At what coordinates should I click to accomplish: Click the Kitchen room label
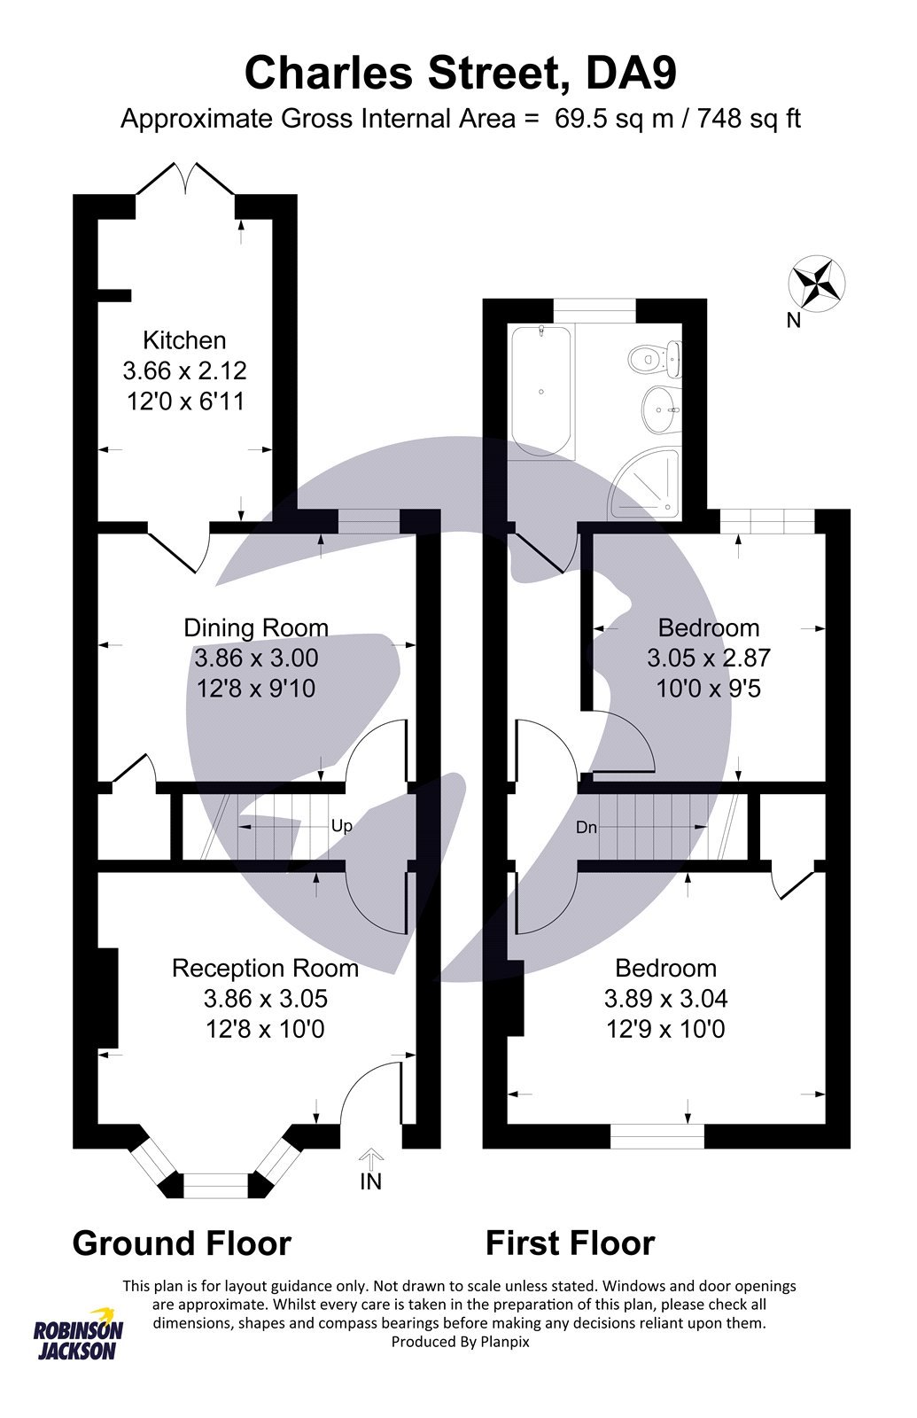[184, 340]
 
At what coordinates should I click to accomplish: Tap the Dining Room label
[255, 627]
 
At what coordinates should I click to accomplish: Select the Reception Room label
[265, 968]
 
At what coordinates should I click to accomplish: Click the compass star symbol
[816, 284]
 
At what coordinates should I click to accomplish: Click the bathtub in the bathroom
[541, 390]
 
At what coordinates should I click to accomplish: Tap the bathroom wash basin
[660, 409]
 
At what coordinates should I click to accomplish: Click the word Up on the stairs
[341, 826]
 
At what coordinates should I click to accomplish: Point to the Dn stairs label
[586, 828]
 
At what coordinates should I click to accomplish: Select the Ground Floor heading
[182, 1243]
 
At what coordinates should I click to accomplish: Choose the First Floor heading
[570, 1243]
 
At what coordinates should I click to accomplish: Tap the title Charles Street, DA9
[460, 74]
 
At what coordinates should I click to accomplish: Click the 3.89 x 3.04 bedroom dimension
[665, 999]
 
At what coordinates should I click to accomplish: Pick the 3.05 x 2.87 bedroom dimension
[708, 658]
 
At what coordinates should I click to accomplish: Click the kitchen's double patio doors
[186, 180]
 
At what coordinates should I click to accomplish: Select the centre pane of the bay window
[216, 1185]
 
